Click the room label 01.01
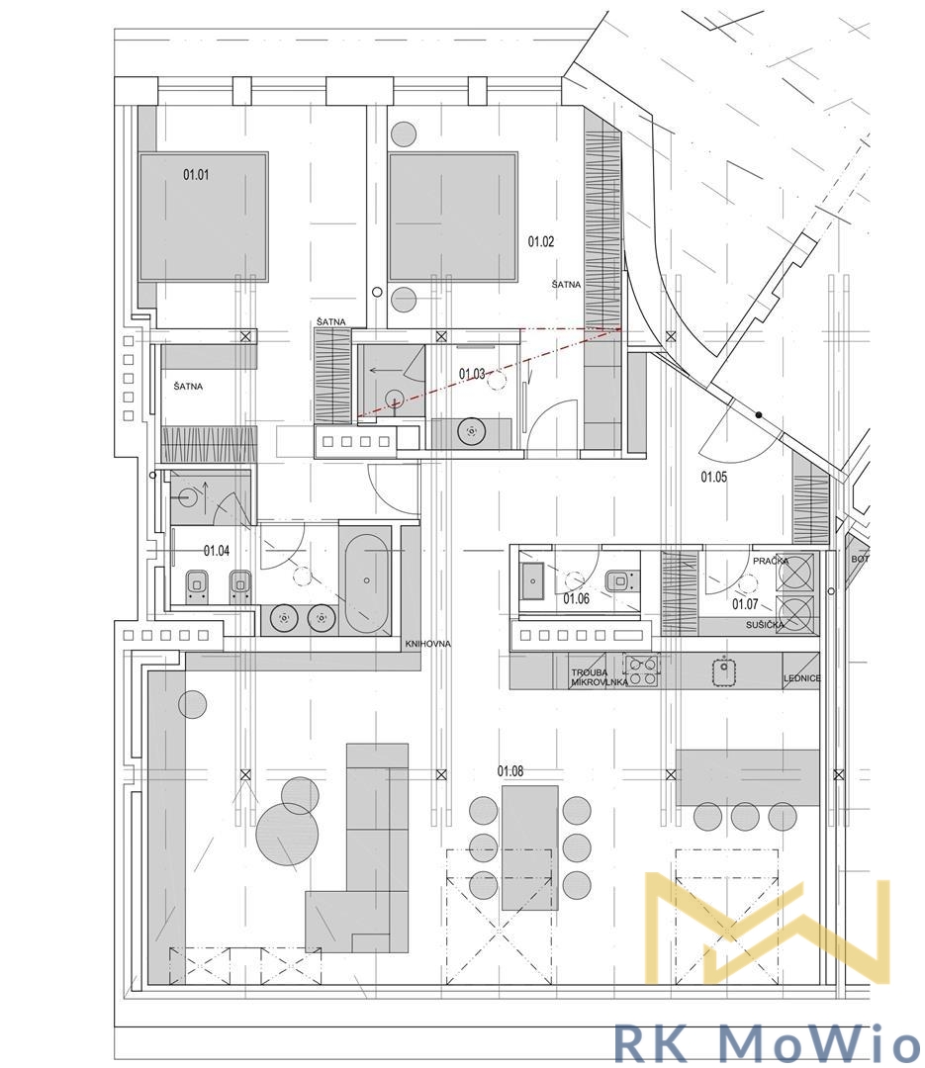click(196, 175)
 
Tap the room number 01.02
click(540, 241)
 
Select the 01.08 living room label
click(510, 771)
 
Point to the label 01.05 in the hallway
click(713, 477)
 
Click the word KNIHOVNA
click(428, 644)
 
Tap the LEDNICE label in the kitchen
click(802, 678)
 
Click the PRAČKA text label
click(771, 562)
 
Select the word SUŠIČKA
click(765, 625)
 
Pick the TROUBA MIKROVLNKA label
click(600, 676)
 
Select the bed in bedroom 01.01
click(203, 217)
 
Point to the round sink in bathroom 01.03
click(470, 432)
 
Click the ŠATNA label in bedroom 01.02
click(567, 285)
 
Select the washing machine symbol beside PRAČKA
click(796, 571)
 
